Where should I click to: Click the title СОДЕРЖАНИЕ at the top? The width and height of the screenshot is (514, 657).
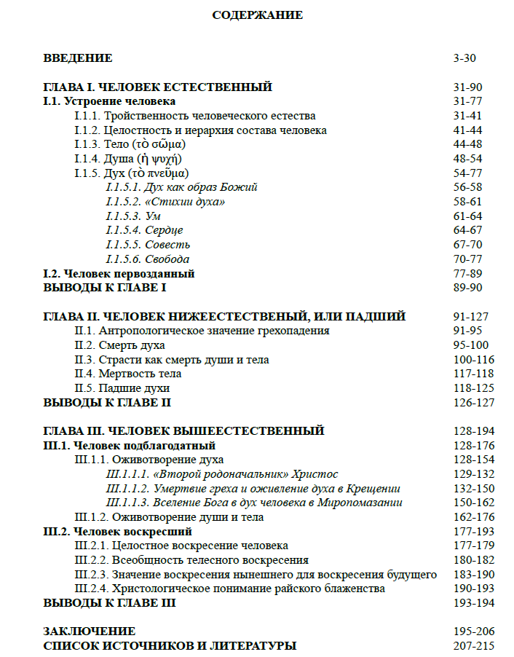click(257, 15)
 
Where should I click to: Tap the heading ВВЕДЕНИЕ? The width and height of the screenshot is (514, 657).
click(78, 58)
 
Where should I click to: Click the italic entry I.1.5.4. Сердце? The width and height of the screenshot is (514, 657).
click(144, 230)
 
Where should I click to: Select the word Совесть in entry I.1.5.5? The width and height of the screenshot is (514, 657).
click(167, 245)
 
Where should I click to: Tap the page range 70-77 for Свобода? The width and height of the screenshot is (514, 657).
click(467, 259)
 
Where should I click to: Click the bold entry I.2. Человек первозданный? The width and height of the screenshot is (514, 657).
click(119, 274)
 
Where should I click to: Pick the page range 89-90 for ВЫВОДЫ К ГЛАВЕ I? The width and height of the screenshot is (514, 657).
click(467, 288)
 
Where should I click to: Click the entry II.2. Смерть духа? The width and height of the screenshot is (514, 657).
click(119, 345)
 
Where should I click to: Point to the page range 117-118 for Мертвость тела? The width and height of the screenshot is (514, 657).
click(473, 374)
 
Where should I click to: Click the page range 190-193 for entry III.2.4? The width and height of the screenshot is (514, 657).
click(473, 589)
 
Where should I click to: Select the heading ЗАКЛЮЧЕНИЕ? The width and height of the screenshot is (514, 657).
click(90, 632)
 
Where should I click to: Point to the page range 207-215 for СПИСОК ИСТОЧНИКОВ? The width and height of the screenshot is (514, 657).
click(473, 645)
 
